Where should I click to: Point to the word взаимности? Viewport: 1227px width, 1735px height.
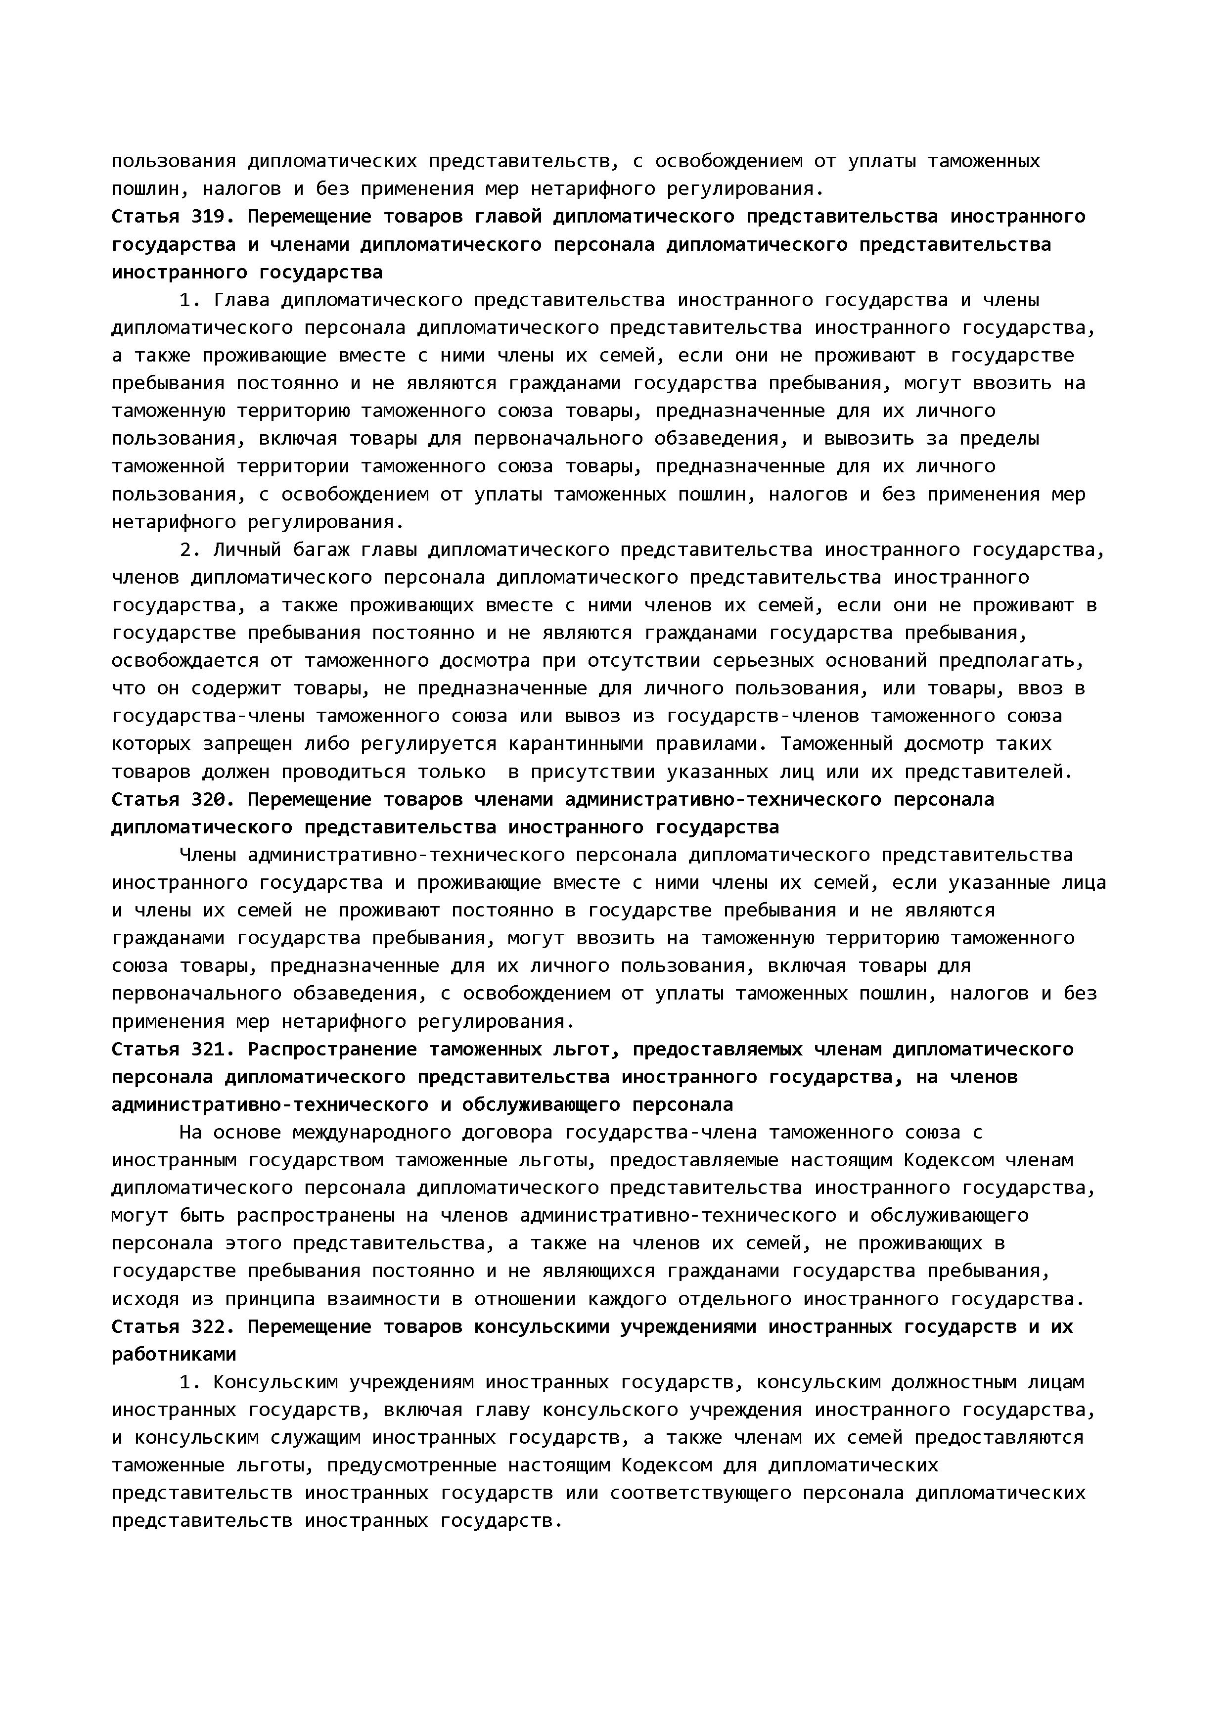(384, 1300)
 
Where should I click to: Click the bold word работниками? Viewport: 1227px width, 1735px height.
(174, 1354)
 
